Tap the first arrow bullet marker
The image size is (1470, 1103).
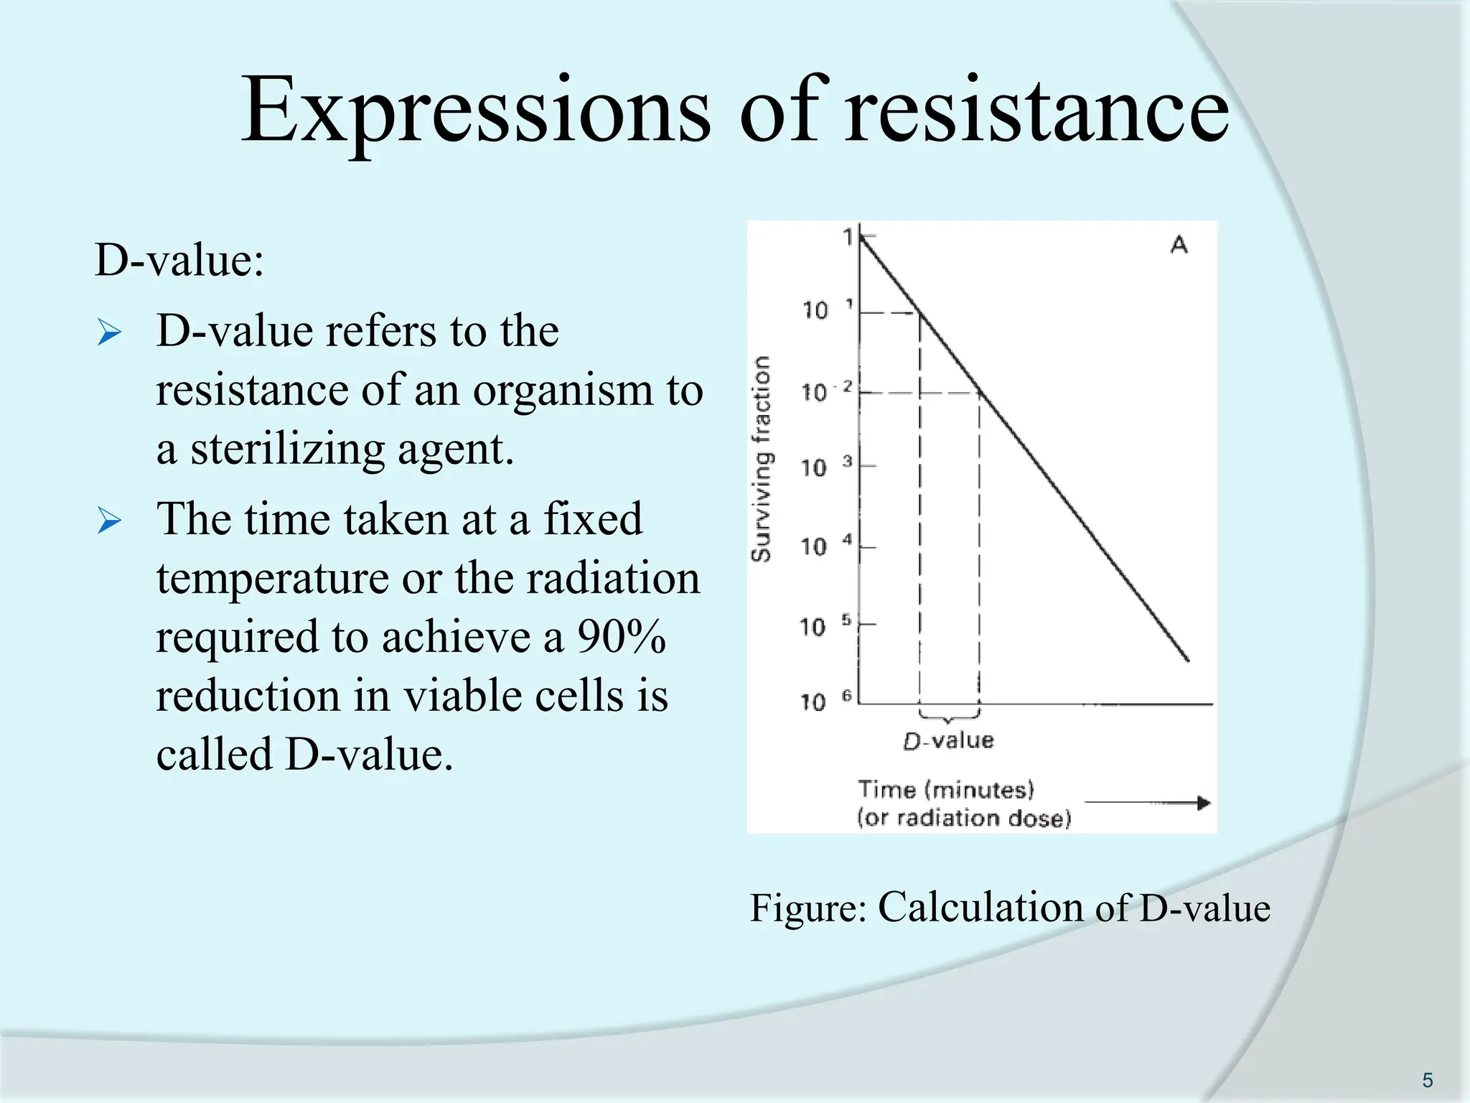pos(109,332)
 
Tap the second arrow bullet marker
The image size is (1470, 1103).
pos(109,521)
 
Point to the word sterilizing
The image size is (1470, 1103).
pos(287,450)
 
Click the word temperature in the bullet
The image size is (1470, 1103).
pos(273,578)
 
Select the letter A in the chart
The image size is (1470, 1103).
pos(1179,245)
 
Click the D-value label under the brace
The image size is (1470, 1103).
pos(948,740)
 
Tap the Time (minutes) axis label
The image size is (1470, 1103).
pos(946,790)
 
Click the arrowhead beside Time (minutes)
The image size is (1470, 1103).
pos(1203,802)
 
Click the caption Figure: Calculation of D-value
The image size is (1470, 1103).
pos(1010,908)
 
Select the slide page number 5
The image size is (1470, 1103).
pos(1427,1080)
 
